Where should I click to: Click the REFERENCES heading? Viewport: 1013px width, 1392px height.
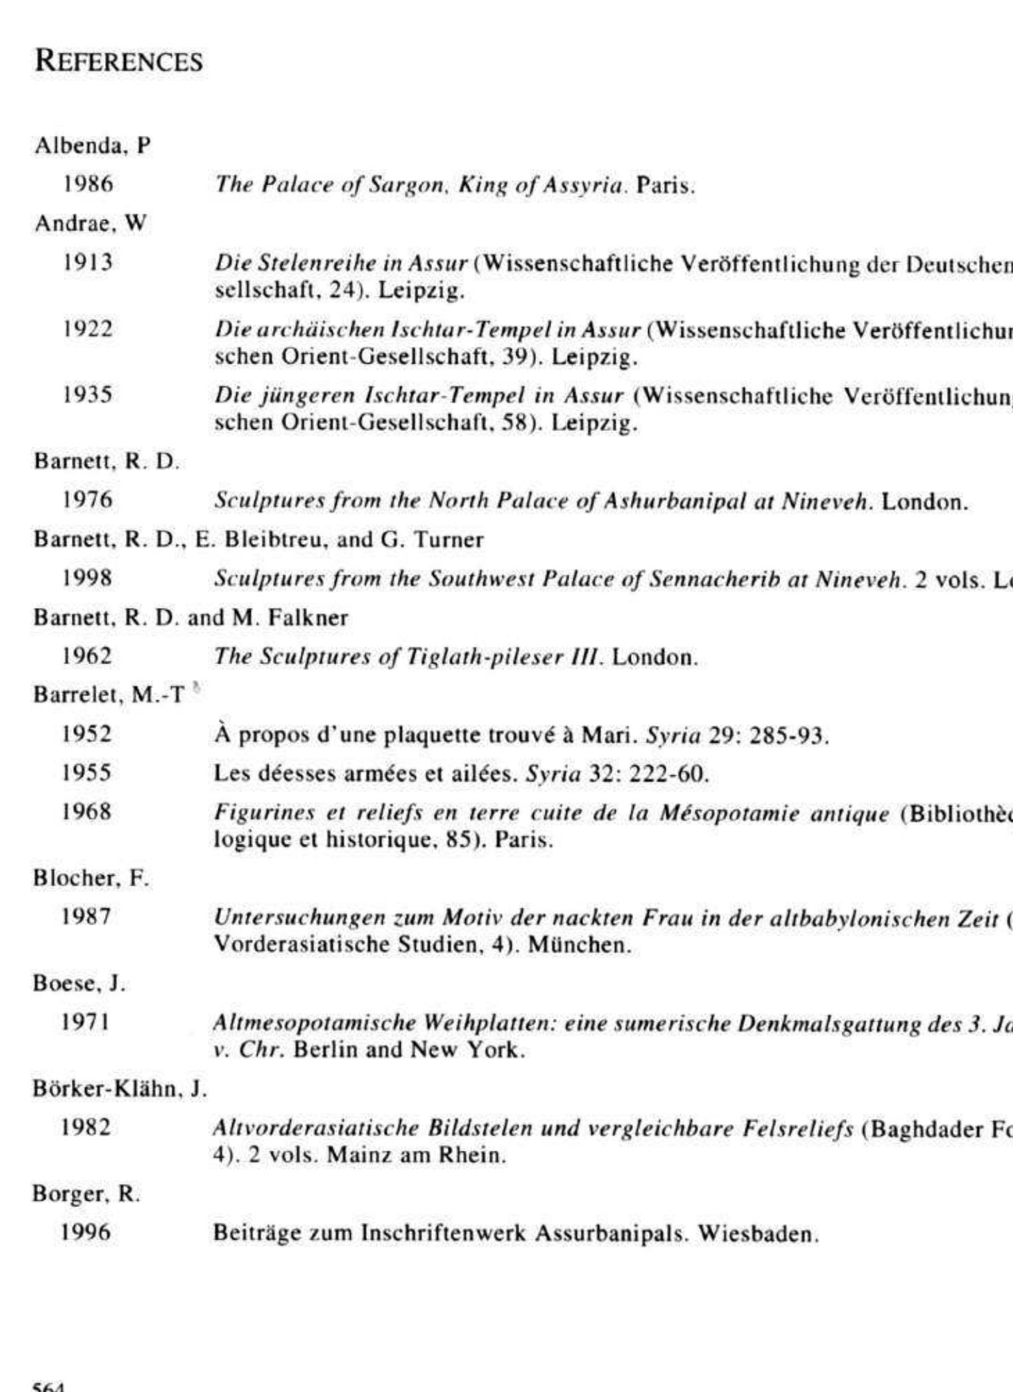tap(118, 61)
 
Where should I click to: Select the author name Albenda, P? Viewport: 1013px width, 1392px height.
tap(93, 145)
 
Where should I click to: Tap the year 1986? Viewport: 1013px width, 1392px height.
tap(88, 184)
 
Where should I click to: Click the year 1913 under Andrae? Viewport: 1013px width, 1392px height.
tap(88, 262)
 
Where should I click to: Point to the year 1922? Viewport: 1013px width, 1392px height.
tap(88, 328)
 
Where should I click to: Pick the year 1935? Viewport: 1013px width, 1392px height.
tap(88, 395)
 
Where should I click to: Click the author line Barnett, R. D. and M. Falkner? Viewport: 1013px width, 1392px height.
tap(190, 617)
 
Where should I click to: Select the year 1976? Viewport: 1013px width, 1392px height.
tap(87, 500)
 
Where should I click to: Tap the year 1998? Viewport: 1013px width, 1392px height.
tap(87, 578)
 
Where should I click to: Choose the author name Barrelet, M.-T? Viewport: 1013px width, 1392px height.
tap(108, 695)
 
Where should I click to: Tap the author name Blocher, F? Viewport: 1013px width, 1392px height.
tap(91, 878)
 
